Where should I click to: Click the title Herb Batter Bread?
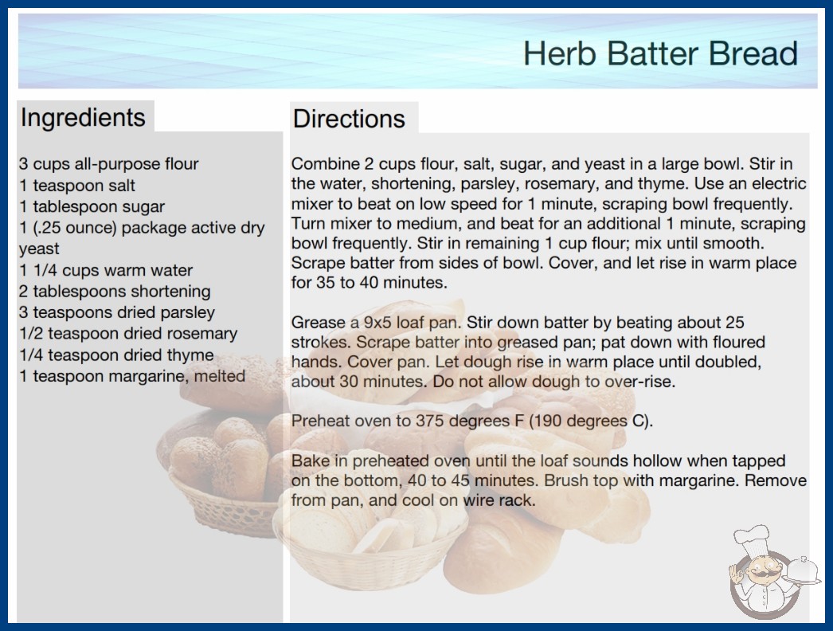(660, 53)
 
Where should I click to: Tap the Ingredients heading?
(83, 117)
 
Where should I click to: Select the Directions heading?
(349, 119)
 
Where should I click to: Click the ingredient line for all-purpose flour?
(109, 164)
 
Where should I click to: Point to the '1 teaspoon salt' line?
(77, 185)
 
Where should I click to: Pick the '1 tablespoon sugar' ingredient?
(92, 206)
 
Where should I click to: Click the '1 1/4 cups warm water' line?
(106, 270)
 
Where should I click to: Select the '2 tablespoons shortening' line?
(115, 292)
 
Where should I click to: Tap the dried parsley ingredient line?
(117, 312)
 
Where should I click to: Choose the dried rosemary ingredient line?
(128, 333)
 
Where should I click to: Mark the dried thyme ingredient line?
(116, 355)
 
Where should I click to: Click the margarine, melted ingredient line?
(132, 376)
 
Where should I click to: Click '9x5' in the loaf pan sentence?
(377, 323)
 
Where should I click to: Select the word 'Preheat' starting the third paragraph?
(320, 421)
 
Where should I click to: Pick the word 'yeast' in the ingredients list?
(39, 249)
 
